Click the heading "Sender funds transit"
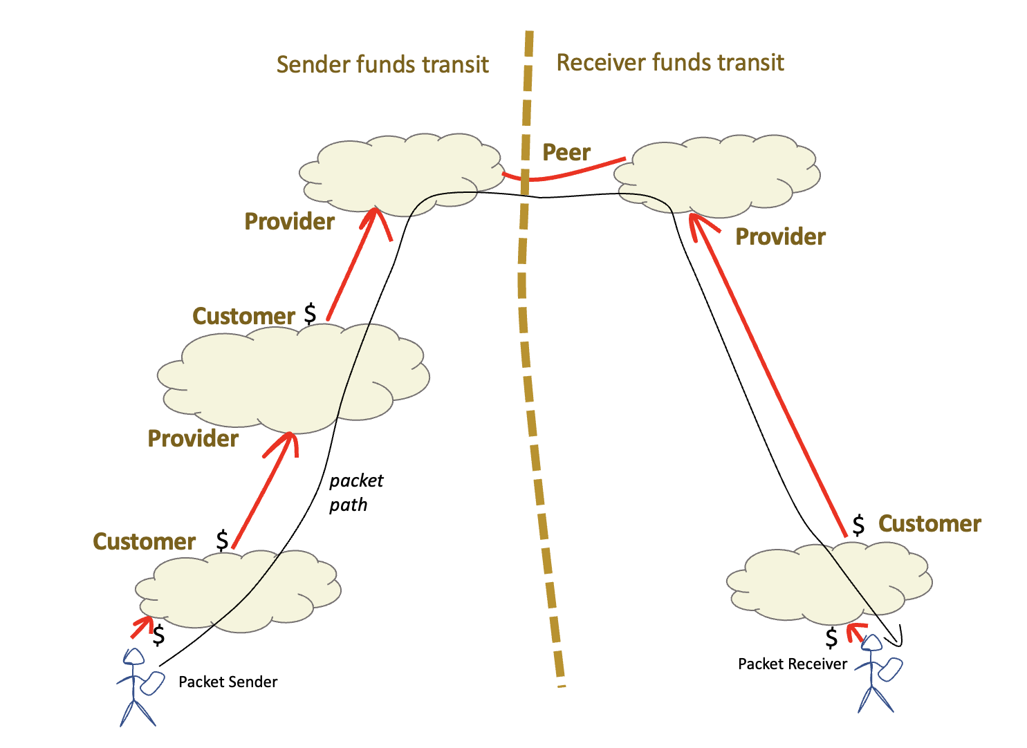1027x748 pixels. click(382, 65)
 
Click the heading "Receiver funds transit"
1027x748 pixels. click(669, 63)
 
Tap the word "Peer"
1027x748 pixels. click(566, 153)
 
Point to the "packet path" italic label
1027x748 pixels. click(355, 492)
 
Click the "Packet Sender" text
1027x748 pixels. click(228, 682)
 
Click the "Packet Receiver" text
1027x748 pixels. click(792, 664)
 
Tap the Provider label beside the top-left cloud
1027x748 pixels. click(289, 222)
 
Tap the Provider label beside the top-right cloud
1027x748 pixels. click(780, 237)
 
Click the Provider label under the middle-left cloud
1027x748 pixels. click(193, 439)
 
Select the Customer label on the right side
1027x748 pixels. click(929, 524)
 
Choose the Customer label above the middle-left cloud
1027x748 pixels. click(243, 316)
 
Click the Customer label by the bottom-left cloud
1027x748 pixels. click(144, 541)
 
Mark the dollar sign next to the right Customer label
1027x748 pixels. click(858, 525)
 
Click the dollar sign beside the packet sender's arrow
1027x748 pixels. click(159, 635)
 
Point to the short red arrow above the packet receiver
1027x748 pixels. click(856, 630)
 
